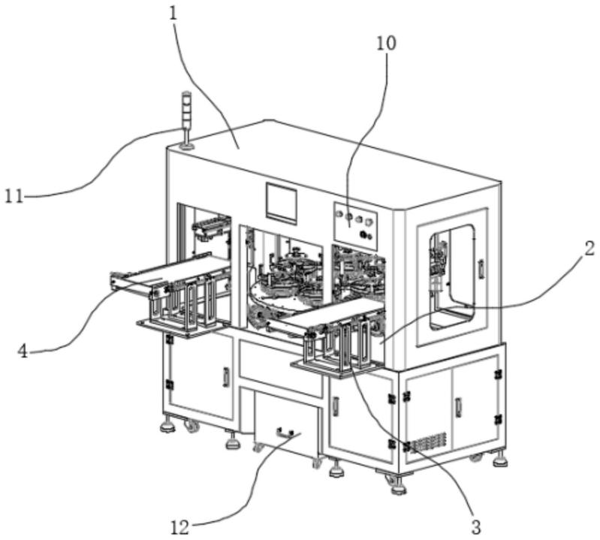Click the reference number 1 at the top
(x=173, y=14)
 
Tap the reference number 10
(x=386, y=44)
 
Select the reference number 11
(x=14, y=197)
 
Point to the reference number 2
(x=589, y=249)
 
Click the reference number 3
(x=475, y=528)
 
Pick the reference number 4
(x=23, y=351)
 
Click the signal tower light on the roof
(x=186, y=119)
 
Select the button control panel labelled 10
(x=355, y=226)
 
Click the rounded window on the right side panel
(x=452, y=277)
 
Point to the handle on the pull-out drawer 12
(x=285, y=434)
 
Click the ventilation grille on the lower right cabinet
(x=429, y=442)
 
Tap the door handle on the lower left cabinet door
(x=226, y=377)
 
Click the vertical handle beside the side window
(x=481, y=268)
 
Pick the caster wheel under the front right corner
(x=395, y=482)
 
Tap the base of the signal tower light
(x=187, y=146)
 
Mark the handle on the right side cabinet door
(x=458, y=407)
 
